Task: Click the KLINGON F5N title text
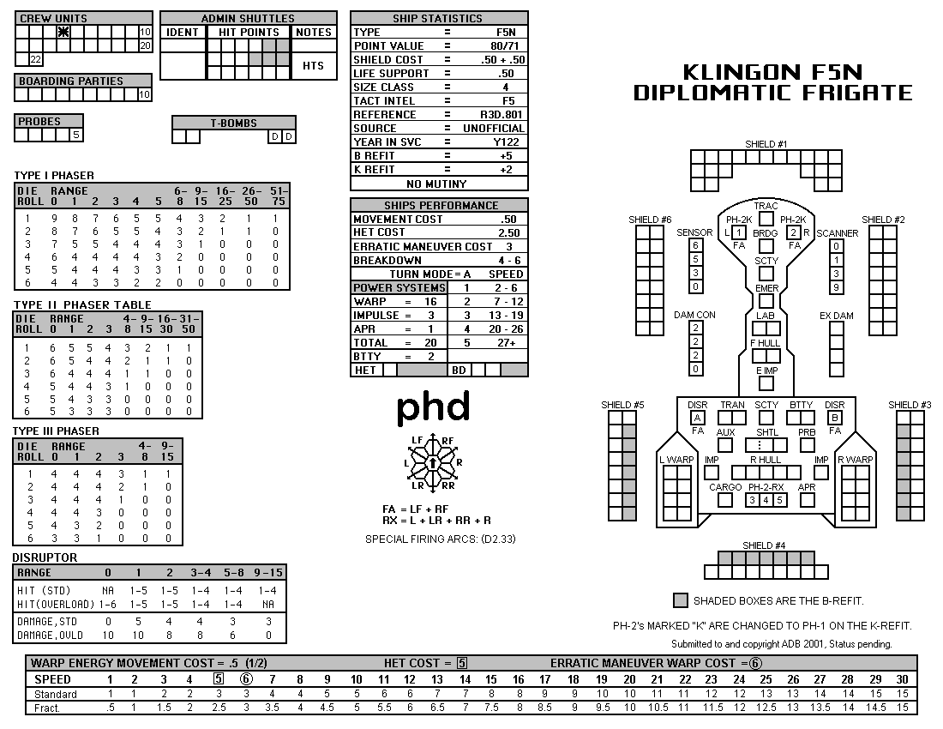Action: pyautogui.click(x=772, y=72)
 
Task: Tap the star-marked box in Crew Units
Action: pyautogui.click(x=63, y=32)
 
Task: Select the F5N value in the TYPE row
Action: pyautogui.click(x=506, y=32)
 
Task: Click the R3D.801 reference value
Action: pyautogui.click(x=501, y=114)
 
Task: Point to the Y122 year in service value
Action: pyautogui.click(x=506, y=142)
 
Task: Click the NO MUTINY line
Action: pyautogui.click(x=436, y=184)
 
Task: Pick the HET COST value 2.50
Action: pyautogui.click(x=508, y=232)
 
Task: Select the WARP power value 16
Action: pyautogui.click(x=430, y=301)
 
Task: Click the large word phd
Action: pyautogui.click(x=433, y=407)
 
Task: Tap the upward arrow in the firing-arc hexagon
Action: pyautogui.click(x=432, y=462)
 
